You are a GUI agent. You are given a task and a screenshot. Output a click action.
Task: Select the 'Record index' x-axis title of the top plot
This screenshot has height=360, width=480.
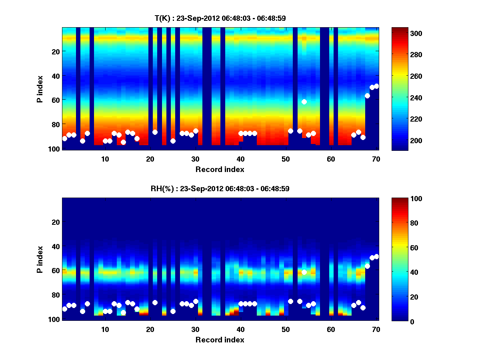[x=220, y=169]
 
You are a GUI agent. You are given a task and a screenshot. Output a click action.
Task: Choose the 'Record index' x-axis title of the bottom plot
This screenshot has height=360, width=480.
[x=220, y=340]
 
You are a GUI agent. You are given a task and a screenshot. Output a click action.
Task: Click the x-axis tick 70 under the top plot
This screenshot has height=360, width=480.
[x=376, y=158]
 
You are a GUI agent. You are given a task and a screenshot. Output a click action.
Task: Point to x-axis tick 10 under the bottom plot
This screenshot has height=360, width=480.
[x=105, y=329]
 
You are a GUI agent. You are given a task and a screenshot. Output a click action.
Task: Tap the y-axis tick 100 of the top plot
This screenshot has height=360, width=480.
[x=55, y=149]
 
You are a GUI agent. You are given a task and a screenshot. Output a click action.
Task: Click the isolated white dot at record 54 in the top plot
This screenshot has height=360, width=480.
[x=304, y=102]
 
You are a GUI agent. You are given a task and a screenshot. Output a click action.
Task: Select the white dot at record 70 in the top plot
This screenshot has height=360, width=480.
[x=376, y=86]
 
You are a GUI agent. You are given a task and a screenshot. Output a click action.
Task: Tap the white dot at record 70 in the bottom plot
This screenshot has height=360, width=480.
[x=376, y=256]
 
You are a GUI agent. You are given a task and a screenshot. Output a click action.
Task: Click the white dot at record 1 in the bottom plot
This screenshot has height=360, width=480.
[x=65, y=309]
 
